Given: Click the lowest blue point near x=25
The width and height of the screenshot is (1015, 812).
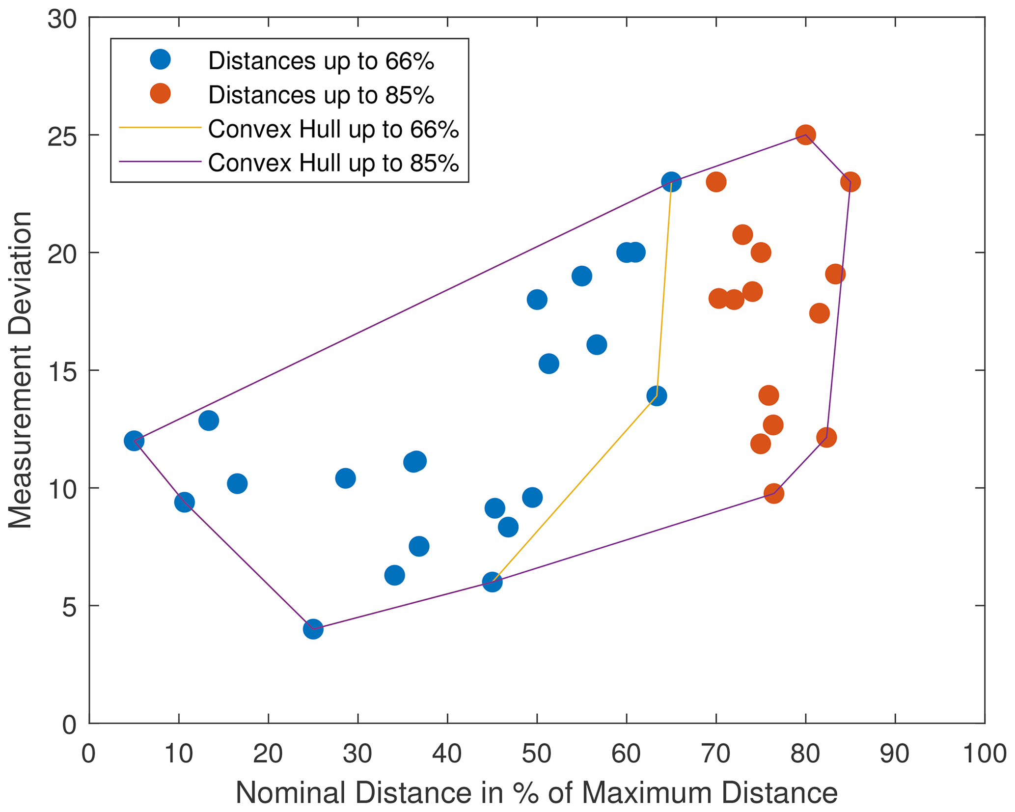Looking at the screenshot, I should pyautogui.click(x=313, y=629).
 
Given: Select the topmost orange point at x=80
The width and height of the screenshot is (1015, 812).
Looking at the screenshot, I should pyautogui.click(x=805, y=135).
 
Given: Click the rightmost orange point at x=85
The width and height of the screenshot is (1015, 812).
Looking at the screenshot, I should pyautogui.click(x=850, y=182).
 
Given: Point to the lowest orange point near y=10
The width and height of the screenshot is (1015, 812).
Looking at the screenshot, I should pyautogui.click(x=773, y=493).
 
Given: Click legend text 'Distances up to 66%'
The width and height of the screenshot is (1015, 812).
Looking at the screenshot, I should pyautogui.click(x=321, y=61).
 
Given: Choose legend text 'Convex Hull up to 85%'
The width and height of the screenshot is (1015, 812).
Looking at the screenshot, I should pyautogui.click(x=333, y=163).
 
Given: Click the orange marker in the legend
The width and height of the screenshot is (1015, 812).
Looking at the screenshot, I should pyautogui.click(x=160, y=93).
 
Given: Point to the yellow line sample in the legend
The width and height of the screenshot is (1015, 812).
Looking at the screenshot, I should pyautogui.click(x=160, y=128).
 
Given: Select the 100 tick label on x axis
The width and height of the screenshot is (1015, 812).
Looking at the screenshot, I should pyautogui.click(x=984, y=754).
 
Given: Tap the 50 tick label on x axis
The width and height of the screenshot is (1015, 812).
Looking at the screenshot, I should pyautogui.click(x=537, y=754).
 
